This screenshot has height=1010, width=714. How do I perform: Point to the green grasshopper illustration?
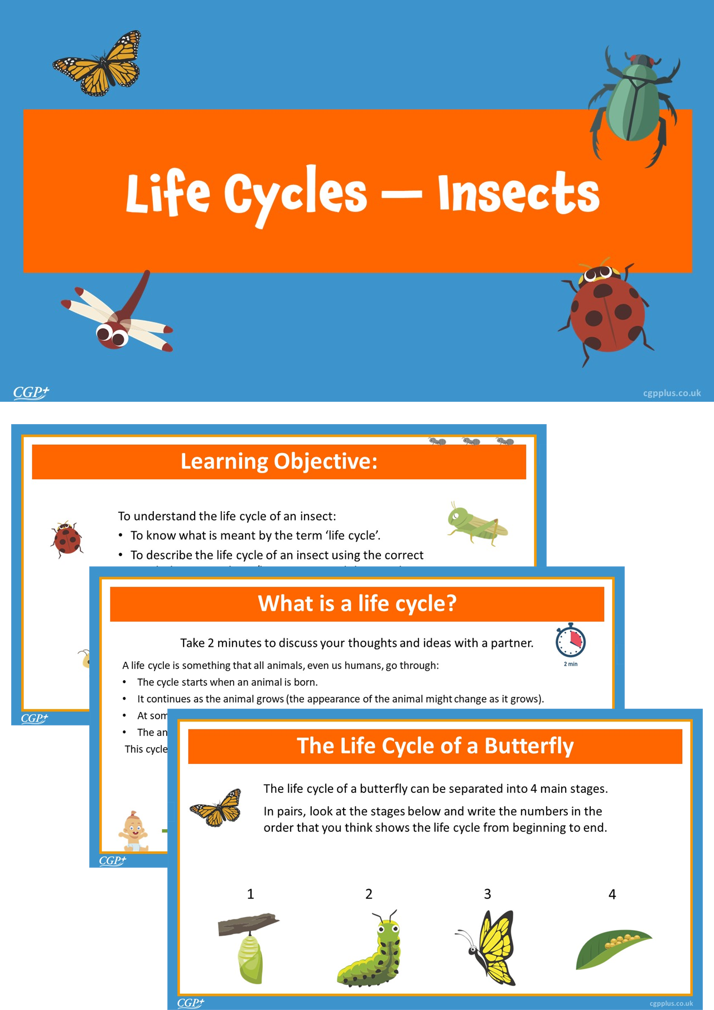tap(477, 524)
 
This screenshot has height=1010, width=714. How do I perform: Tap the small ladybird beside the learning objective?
tap(67, 539)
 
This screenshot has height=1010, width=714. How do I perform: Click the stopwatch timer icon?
tap(570, 642)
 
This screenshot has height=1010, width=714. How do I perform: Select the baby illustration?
tap(133, 831)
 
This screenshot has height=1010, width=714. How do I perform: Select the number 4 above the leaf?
tap(612, 894)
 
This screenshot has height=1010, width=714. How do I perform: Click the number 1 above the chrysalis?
tap(250, 894)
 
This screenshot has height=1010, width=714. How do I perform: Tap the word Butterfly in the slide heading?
tap(528, 746)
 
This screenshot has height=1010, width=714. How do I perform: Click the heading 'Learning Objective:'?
tap(279, 461)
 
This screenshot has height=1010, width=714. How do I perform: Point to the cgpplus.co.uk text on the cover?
tap(672, 393)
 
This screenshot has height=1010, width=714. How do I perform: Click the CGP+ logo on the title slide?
tap(31, 392)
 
